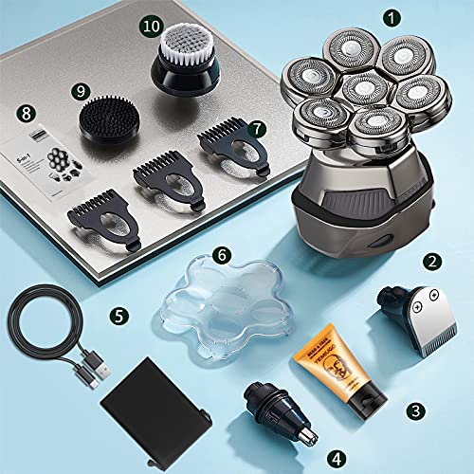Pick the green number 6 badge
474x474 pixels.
click(220, 255)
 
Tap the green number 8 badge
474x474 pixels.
click(26, 113)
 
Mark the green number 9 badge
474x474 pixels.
click(81, 90)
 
